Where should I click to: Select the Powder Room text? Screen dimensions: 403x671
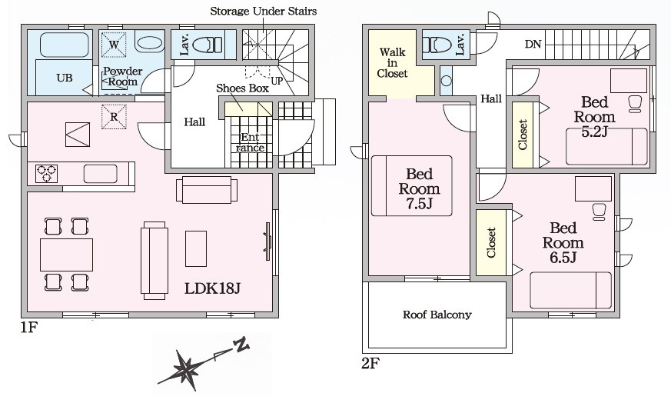tap(122, 76)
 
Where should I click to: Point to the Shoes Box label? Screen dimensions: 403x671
tap(242, 88)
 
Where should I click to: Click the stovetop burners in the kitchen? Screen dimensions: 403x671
tap(47, 173)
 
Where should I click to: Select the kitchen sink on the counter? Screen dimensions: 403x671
tap(100, 174)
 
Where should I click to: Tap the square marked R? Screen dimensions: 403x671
tap(113, 117)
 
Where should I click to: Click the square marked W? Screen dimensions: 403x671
tap(113, 45)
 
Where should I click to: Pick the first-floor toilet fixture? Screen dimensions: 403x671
tap(206, 45)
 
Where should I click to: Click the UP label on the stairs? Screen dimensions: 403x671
tap(277, 79)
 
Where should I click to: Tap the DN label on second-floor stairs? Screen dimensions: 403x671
tap(533, 45)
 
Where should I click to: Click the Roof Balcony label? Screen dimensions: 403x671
tap(437, 315)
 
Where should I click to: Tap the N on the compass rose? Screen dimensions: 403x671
tap(241, 345)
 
